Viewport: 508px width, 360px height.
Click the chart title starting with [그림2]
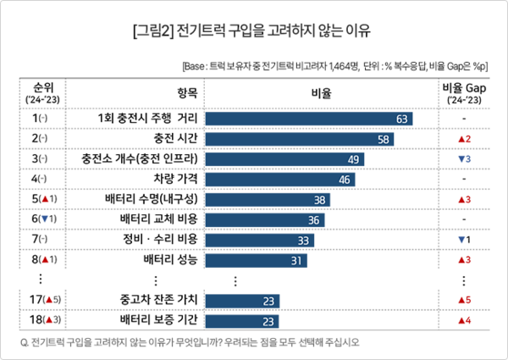click(252, 34)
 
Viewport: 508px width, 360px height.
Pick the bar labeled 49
click(284, 158)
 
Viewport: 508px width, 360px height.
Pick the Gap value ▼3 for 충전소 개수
click(463, 158)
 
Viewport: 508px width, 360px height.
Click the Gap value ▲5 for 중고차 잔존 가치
click(463, 300)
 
